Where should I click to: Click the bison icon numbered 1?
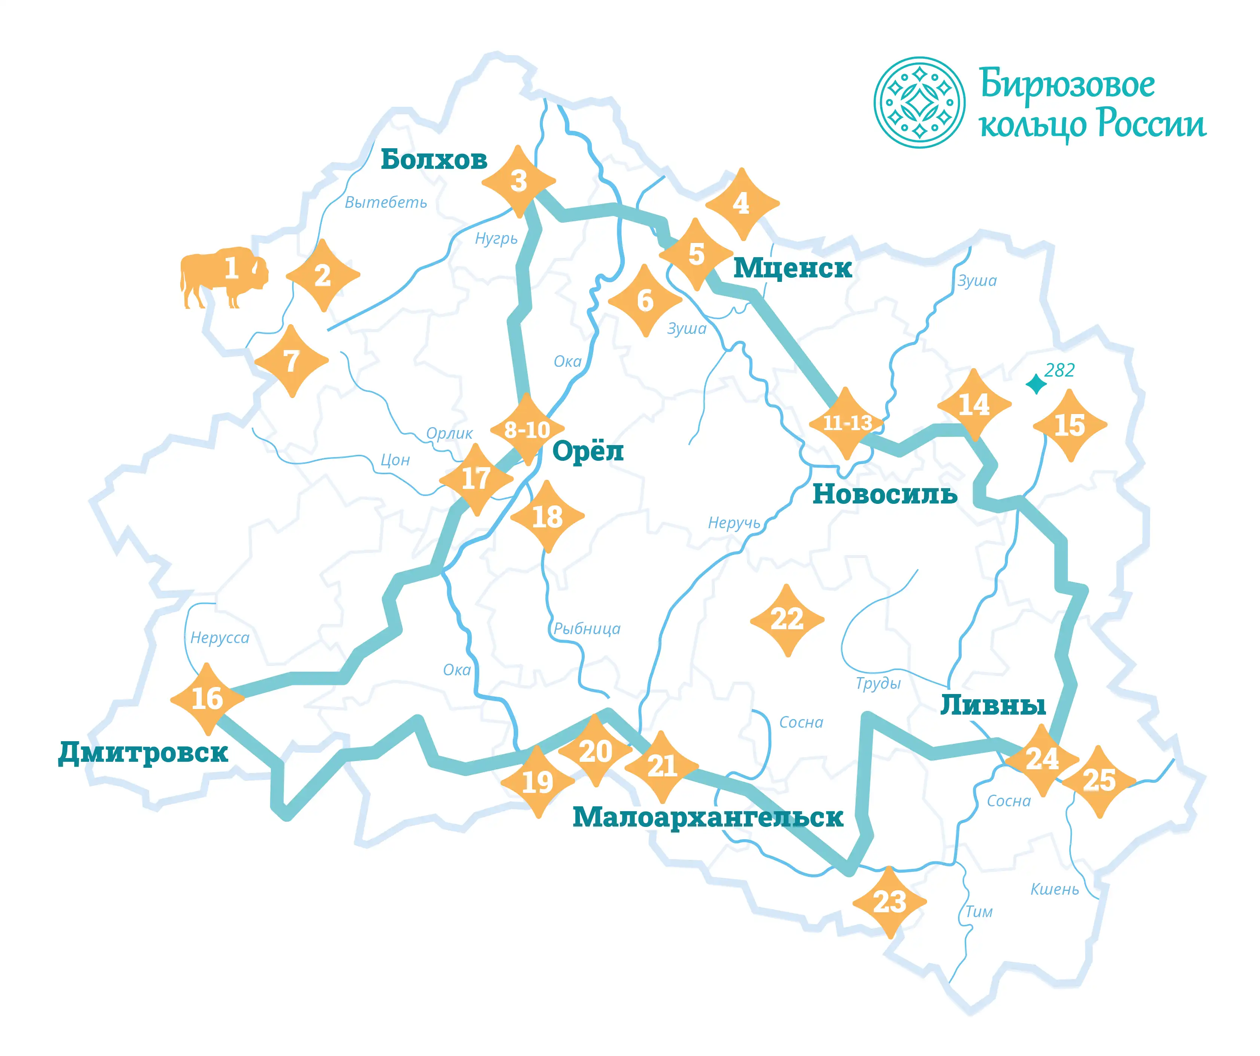click(223, 276)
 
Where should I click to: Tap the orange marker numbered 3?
click(519, 181)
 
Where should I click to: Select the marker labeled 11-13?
click(847, 423)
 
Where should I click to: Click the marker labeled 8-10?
click(527, 430)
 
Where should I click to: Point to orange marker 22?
click(787, 620)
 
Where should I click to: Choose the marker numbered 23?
click(889, 902)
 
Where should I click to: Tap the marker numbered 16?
click(207, 699)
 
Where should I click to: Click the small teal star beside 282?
click(1036, 384)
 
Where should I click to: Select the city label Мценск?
click(792, 268)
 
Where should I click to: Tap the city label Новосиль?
click(884, 494)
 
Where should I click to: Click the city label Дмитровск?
click(143, 752)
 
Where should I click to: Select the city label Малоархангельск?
click(707, 817)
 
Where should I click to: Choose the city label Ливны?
click(993, 705)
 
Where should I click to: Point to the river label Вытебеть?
click(385, 202)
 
